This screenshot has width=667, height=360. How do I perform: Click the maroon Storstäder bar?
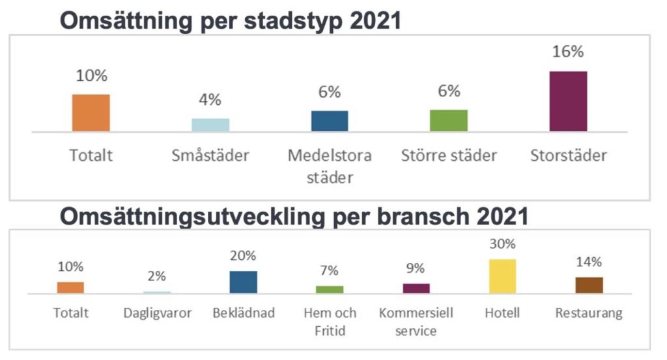568,101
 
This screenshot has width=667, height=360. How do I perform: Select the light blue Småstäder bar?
210,125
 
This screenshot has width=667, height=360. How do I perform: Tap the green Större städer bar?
449,120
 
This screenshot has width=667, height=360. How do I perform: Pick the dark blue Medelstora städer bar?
330,121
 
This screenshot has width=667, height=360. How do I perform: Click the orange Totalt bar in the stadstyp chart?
91,113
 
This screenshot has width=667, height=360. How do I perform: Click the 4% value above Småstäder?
210,100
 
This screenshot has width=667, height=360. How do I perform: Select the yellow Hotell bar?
502,276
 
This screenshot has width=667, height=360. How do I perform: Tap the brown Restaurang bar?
589,285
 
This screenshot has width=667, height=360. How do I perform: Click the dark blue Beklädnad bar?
244,282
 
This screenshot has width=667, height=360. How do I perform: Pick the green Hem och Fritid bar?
330,290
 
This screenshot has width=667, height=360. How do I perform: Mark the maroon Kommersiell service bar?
416,288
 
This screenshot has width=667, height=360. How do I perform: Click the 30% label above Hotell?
502,244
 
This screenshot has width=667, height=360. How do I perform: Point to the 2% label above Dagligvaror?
157,276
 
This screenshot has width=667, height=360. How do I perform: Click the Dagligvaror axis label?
157,313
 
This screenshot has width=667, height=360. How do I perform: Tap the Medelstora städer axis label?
330,166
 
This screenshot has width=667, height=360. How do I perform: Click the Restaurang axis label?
589,313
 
